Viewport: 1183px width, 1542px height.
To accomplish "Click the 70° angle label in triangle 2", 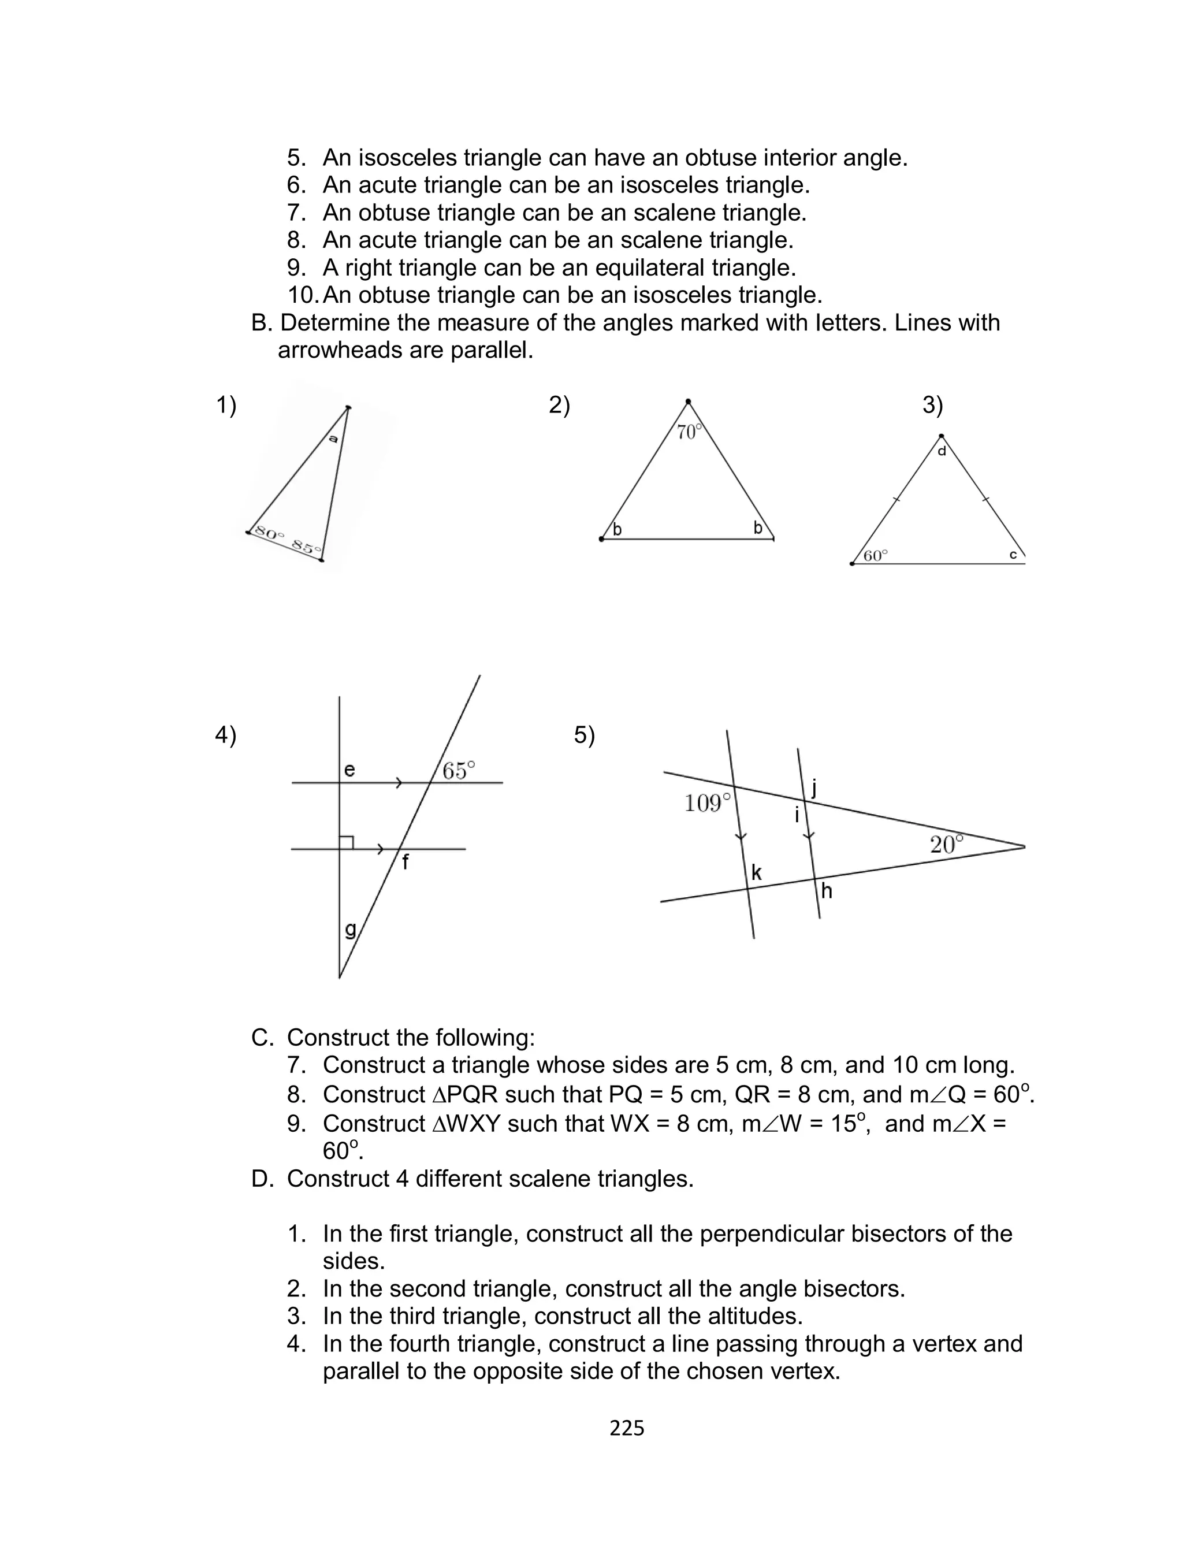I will click(x=689, y=432).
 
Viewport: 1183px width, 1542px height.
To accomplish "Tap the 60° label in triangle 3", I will click(x=875, y=556).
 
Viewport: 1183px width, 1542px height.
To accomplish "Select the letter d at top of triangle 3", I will click(x=942, y=451).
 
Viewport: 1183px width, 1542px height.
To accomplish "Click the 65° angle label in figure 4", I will click(x=459, y=770).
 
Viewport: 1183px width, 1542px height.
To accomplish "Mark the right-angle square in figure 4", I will click(x=347, y=842).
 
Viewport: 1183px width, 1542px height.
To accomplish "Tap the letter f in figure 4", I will click(x=406, y=862).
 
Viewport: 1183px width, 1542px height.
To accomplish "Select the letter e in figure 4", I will click(x=349, y=770).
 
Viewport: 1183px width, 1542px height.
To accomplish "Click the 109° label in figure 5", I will click(x=708, y=802).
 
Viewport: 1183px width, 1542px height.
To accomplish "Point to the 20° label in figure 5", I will click(x=946, y=844).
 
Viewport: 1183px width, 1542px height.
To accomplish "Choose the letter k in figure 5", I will click(x=756, y=873).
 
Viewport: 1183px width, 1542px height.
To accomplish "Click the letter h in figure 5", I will click(x=827, y=891).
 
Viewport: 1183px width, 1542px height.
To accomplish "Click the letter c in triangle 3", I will click(x=1013, y=555).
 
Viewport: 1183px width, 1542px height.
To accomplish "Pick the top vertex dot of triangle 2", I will click(x=688, y=402).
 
